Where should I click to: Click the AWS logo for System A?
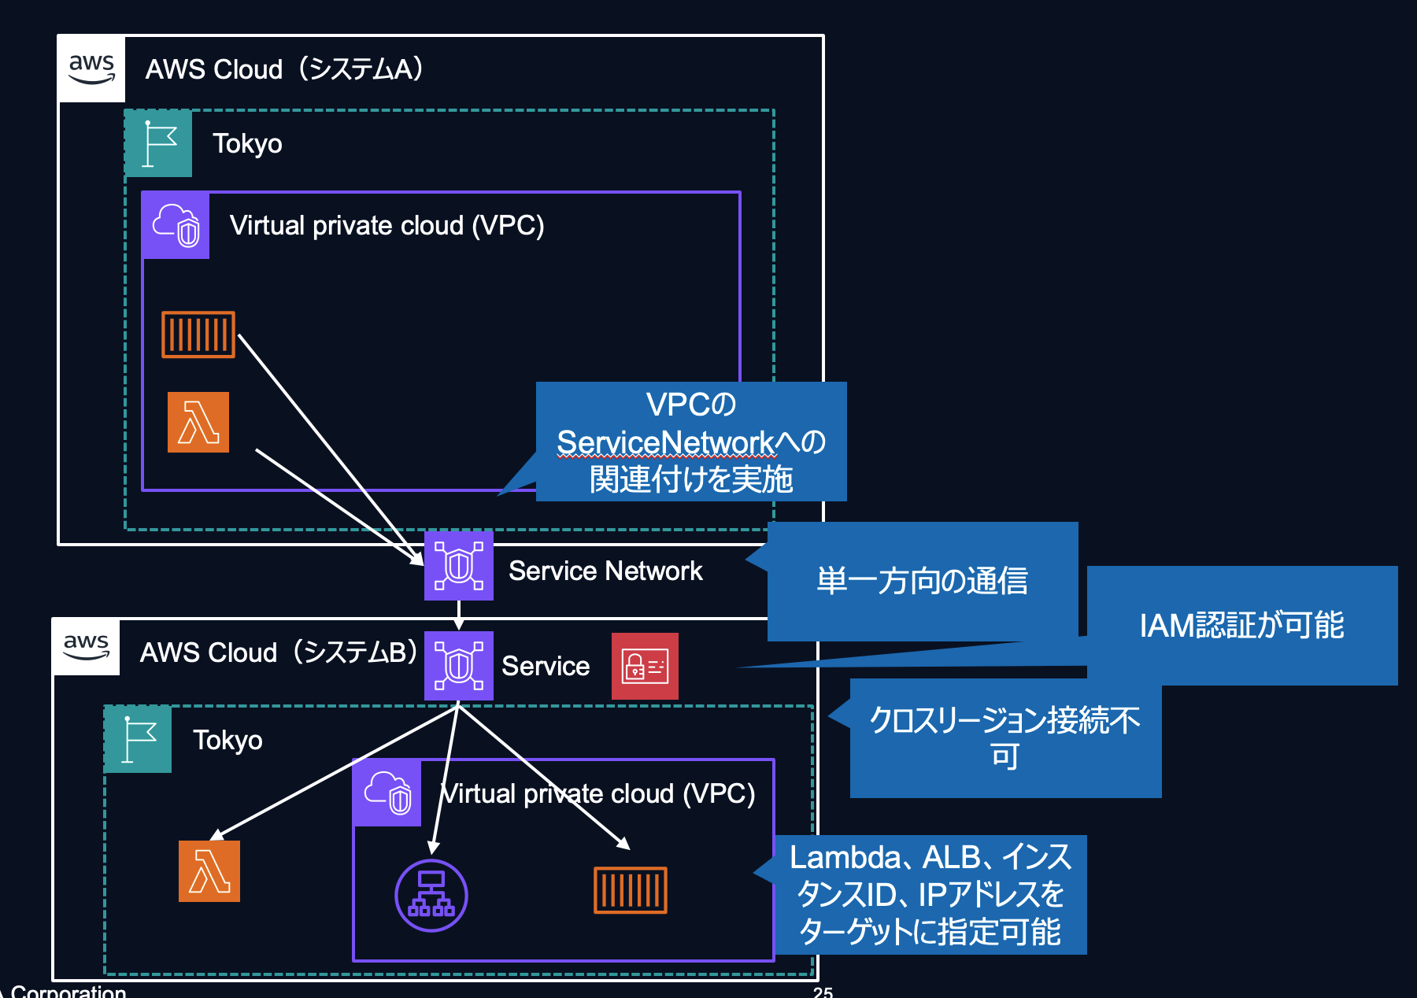92,69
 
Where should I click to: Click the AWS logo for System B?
87,648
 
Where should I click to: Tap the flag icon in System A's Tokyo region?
159,143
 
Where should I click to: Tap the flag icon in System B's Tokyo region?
139,740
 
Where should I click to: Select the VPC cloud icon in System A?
176,226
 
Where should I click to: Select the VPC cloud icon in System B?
387,793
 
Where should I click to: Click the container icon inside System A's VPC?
198,335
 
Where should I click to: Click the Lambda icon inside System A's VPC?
198,423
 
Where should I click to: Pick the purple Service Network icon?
459,566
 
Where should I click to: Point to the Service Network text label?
605,571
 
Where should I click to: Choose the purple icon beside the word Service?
459,666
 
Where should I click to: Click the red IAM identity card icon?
645,667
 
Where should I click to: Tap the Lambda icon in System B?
209,871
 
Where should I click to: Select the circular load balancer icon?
431,896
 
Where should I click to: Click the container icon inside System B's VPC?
631,890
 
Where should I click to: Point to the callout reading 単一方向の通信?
922,581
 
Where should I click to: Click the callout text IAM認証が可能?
1241,625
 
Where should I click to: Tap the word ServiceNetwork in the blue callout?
666,442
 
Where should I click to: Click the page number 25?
823,992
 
